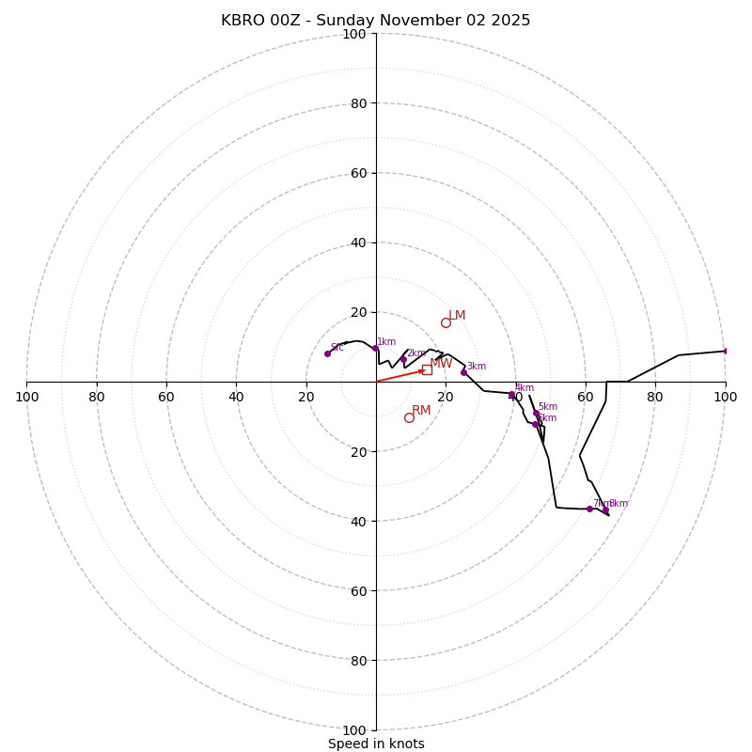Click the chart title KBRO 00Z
click(x=375, y=21)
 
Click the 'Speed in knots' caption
click(x=376, y=744)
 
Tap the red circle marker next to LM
click(x=446, y=322)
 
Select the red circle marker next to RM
click(x=409, y=417)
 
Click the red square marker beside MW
click(x=427, y=369)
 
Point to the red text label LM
click(x=457, y=316)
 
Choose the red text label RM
click(x=421, y=411)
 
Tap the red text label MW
click(x=441, y=364)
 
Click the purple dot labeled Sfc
click(x=327, y=353)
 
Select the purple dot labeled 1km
click(x=375, y=348)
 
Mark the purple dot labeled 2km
click(x=403, y=359)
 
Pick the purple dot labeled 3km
click(x=463, y=372)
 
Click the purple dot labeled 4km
click(x=512, y=395)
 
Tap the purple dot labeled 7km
click(x=589, y=509)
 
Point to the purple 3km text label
click(x=477, y=367)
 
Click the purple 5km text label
click(x=547, y=407)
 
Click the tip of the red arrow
click(x=425, y=370)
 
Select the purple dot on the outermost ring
click(x=726, y=351)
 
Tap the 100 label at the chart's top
click(x=354, y=34)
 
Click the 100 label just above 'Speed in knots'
click(x=354, y=729)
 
